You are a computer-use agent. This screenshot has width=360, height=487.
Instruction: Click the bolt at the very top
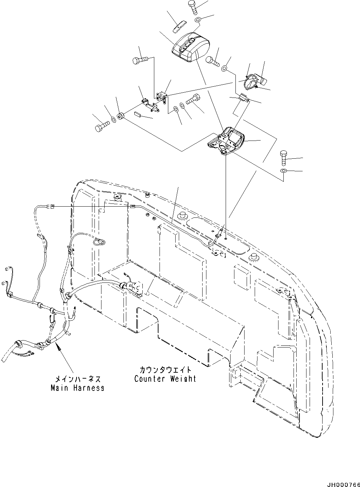(x=193, y=7)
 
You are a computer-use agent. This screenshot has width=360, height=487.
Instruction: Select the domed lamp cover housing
(x=190, y=51)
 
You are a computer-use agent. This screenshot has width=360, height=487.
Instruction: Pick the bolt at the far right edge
(x=283, y=159)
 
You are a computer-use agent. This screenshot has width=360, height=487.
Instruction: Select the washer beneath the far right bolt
(x=283, y=171)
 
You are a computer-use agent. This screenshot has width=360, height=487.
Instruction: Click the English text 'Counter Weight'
(x=165, y=379)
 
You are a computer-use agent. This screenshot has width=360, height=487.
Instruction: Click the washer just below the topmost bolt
(x=198, y=20)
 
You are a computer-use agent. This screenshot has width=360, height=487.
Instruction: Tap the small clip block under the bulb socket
(x=244, y=99)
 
